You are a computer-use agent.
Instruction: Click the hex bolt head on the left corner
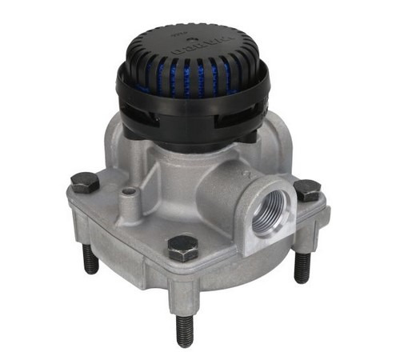pos(84,182)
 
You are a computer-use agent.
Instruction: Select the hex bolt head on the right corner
pos(306,190)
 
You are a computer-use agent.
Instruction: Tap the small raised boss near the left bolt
pos(128,193)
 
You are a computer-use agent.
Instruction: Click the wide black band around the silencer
pos(192,99)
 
